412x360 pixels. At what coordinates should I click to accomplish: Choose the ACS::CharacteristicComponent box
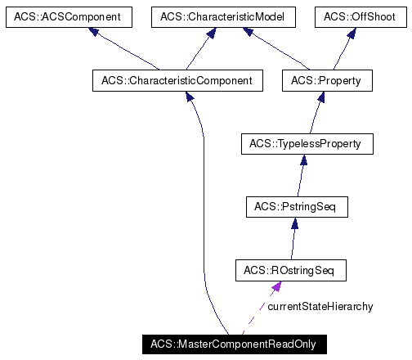(177, 80)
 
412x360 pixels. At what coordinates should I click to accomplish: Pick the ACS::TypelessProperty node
(307, 144)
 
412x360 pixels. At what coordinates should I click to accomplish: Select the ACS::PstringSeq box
(297, 207)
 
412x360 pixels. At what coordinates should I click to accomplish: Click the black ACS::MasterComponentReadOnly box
(233, 343)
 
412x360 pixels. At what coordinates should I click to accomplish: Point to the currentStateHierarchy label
(320, 306)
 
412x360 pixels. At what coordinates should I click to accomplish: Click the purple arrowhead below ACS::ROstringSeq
(277, 286)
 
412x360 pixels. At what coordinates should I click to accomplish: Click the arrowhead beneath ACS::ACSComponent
(95, 32)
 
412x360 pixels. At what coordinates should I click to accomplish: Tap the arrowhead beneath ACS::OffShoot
(352, 33)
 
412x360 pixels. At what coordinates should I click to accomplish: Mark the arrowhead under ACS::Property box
(322, 97)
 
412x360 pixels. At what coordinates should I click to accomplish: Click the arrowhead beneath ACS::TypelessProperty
(303, 160)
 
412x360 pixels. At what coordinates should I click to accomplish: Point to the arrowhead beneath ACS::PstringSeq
(293, 223)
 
